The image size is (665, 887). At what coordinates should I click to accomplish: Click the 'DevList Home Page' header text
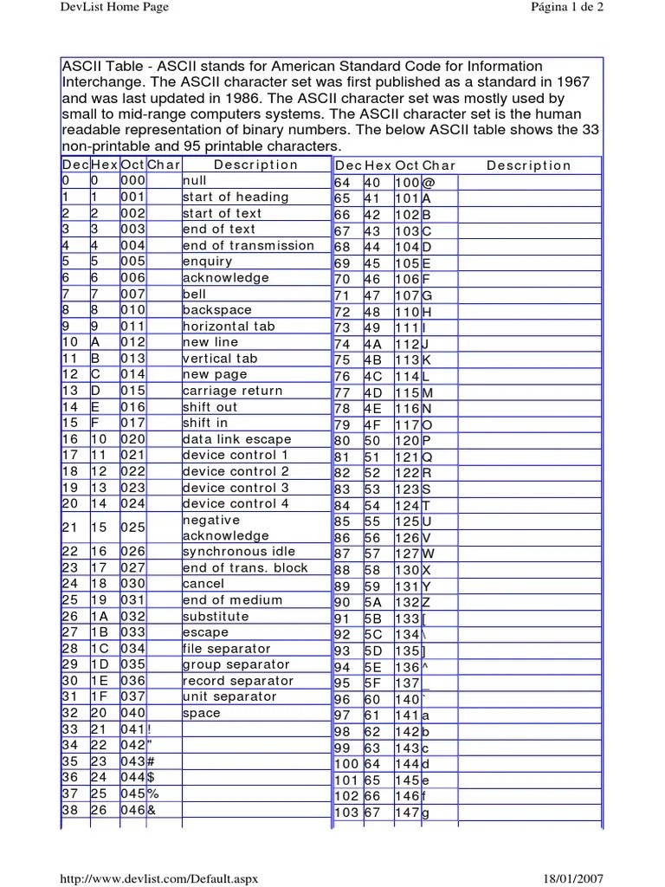coord(113,8)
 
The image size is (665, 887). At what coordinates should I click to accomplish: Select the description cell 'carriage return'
coord(232,391)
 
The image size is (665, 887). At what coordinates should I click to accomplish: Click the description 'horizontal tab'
coord(228,327)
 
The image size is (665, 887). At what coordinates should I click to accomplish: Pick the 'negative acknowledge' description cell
coord(225,528)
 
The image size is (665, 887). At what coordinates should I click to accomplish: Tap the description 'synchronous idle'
coord(238,552)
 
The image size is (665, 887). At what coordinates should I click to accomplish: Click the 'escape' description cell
coord(205,632)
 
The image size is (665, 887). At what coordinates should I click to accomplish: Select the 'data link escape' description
coord(236,439)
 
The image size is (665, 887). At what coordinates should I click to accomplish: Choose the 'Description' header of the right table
coord(528,165)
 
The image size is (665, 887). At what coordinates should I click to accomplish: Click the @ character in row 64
coord(427,184)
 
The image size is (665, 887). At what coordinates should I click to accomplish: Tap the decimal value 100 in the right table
coord(346,765)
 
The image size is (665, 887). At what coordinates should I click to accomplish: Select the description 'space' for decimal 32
coord(201,713)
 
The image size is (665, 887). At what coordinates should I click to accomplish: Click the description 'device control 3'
coord(236,488)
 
